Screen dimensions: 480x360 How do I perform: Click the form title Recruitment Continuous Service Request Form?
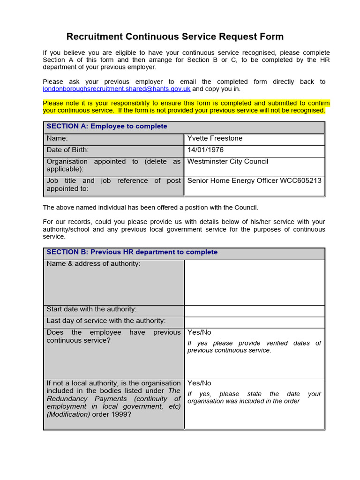175,37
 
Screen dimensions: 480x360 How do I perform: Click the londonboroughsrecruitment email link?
116,89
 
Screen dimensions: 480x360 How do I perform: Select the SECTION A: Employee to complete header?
107,127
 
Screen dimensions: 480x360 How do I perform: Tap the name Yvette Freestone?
215,138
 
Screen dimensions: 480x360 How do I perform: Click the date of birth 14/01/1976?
205,150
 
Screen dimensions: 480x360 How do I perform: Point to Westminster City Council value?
227,162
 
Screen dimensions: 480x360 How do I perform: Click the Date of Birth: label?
67,150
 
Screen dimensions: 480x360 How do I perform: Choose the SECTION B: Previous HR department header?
132,252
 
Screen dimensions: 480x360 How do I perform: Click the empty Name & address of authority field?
255,282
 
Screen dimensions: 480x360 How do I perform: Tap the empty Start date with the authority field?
255,310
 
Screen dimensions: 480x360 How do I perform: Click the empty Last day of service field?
255,322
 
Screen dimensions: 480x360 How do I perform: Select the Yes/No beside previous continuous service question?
199,332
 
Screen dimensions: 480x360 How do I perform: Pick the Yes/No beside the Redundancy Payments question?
199,383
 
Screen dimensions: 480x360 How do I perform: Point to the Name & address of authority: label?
93,264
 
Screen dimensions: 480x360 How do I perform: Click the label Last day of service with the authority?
106,321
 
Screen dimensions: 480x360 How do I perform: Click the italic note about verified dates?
254,347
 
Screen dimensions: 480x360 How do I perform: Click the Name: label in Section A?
57,138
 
